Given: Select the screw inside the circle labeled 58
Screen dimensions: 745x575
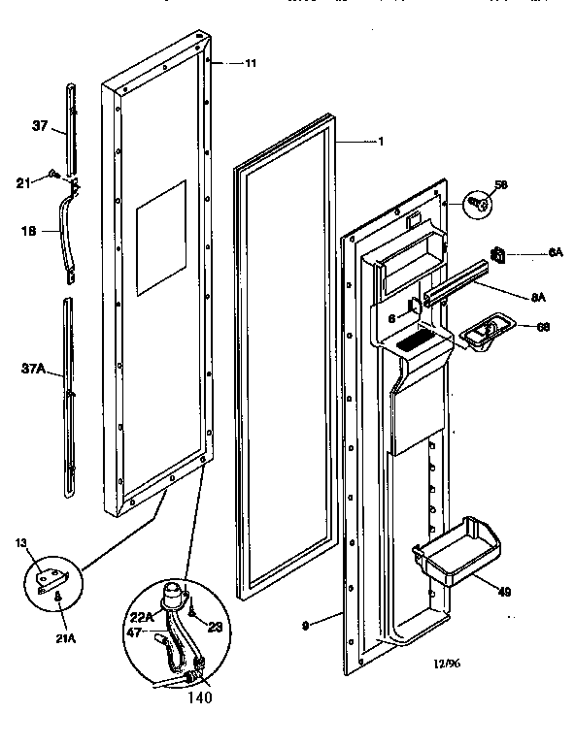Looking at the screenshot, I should [479, 203].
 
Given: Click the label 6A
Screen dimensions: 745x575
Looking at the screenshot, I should [555, 253].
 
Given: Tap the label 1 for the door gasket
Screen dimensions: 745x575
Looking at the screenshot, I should [381, 142].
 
